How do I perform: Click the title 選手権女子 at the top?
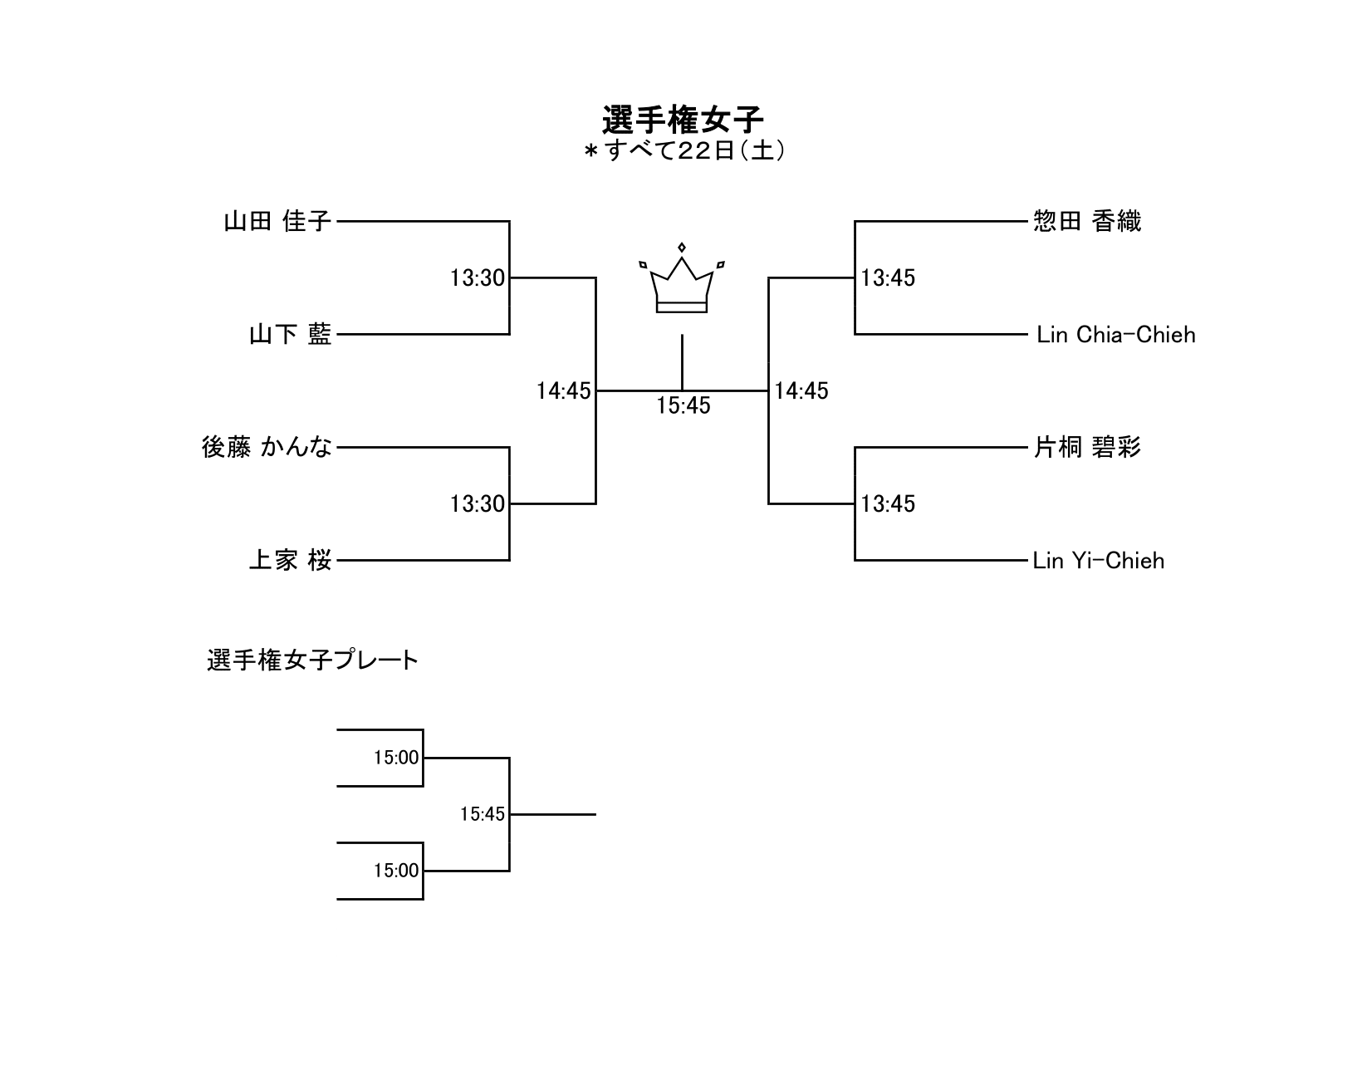[682, 120]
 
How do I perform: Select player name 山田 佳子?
[277, 221]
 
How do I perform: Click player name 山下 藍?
[290, 334]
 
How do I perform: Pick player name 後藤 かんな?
[267, 447]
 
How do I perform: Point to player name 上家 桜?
[290, 560]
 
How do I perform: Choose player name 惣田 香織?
[1086, 221]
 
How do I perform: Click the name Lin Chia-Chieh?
[1115, 334]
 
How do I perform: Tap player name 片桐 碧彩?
[1086, 447]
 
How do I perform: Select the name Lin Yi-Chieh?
[1098, 560]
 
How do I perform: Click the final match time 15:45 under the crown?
[683, 405]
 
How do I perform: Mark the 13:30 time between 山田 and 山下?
[478, 277]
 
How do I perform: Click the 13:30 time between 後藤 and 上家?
[478, 503]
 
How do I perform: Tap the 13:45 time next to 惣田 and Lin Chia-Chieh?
[888, 277]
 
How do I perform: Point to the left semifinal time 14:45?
[563, 390]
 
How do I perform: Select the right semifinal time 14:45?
[801, 390]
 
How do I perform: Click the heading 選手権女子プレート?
[312, 660]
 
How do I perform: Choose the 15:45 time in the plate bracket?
[483, 814]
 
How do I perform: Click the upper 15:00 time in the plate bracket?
[396, 758]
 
